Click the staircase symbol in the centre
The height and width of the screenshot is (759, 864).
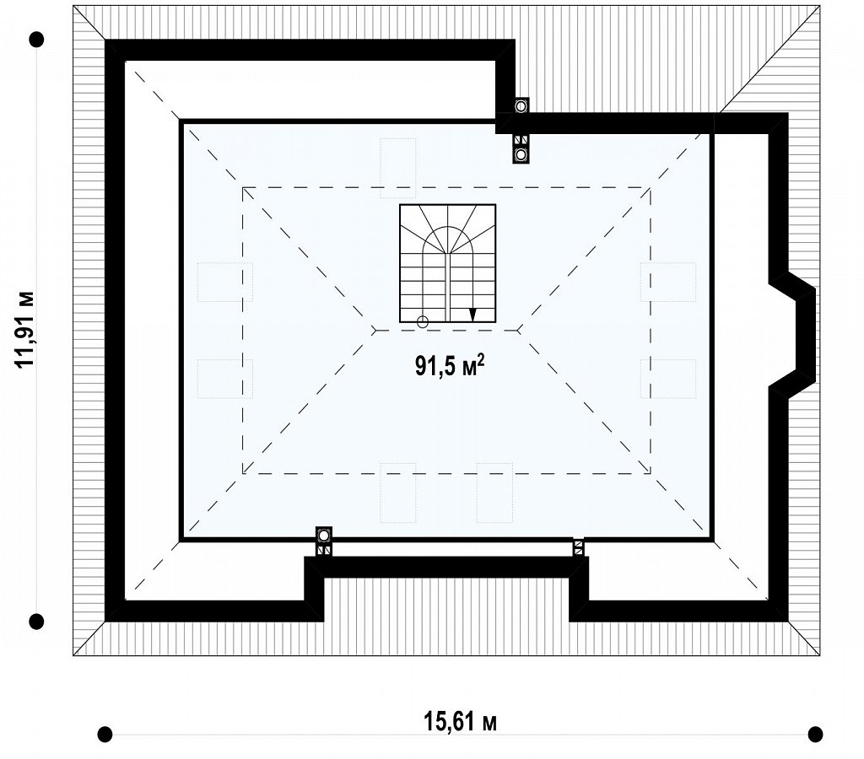(447, 263)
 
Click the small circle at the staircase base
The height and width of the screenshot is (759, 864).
(423, 322)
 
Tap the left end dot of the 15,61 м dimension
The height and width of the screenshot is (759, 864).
(105, 734)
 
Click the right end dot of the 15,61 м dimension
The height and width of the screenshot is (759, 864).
(815, 734)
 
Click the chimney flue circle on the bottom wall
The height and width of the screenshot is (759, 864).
(324, 535)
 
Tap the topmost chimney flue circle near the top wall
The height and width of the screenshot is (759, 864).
(521, 105)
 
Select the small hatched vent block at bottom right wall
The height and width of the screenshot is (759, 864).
(578, 547)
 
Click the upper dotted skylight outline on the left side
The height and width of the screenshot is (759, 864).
(225, 282)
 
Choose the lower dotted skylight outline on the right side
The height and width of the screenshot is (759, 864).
(668, 379)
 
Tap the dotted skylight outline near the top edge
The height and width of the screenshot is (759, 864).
(398, 168)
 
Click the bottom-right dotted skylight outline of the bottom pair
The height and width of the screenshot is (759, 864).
(494, 493)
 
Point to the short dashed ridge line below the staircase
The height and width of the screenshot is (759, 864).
(447, 331)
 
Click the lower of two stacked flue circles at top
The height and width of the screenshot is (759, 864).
(521, 155)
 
